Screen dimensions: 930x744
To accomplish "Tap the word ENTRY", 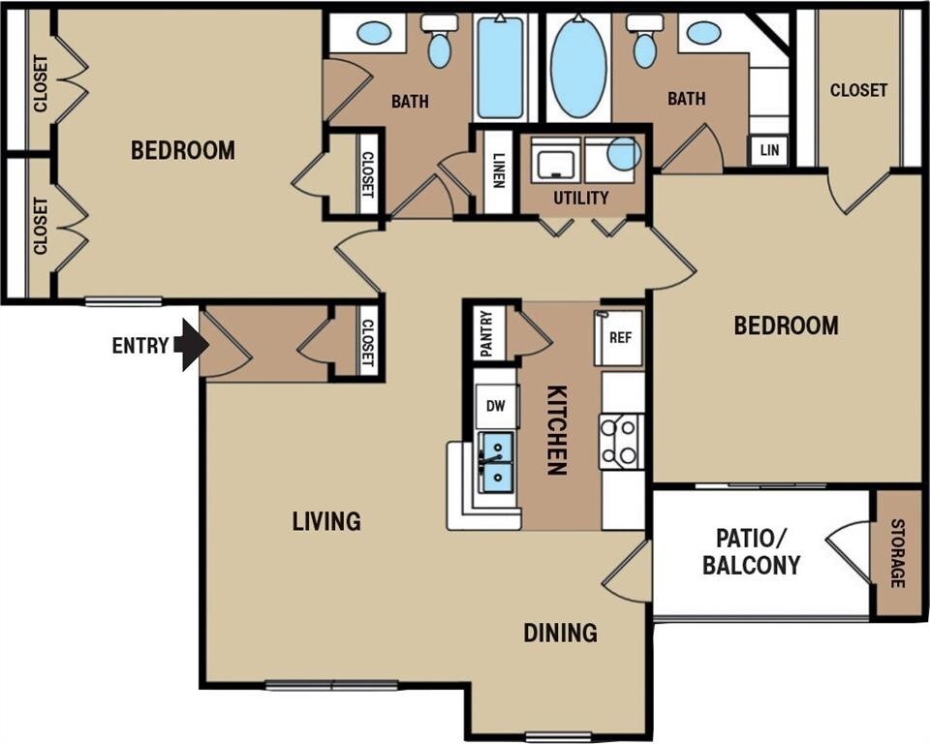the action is coord(140,345).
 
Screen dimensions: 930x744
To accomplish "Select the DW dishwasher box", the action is coord(496,406).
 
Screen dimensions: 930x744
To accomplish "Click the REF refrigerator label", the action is coord(620,337).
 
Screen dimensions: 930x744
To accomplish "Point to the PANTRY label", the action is coord(487,333).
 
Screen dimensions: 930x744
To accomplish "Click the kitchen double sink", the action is coord(496,463).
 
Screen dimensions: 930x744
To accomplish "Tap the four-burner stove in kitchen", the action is coord(621,442).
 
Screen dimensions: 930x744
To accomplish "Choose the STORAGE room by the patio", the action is coord(898,553).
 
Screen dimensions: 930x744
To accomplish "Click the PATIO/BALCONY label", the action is coord(752,552).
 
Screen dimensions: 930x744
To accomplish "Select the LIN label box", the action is coord(769,149).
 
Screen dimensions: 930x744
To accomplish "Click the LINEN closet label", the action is coord(499,170).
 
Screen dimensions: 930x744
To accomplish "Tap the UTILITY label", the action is coord(580,198).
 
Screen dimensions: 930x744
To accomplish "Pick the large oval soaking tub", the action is coord(579,68).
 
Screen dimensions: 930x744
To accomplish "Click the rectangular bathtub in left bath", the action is coord(501,68).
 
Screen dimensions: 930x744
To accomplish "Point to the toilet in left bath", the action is coord(440,40).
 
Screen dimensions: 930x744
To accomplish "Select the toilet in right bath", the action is coord(645,40).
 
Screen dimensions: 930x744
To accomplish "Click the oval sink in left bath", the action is coord(374,32).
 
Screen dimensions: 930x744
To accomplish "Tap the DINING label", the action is coord(560,633).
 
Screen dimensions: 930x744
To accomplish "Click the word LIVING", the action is coord(326,521).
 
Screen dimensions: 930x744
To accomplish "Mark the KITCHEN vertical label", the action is coord(556,430).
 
